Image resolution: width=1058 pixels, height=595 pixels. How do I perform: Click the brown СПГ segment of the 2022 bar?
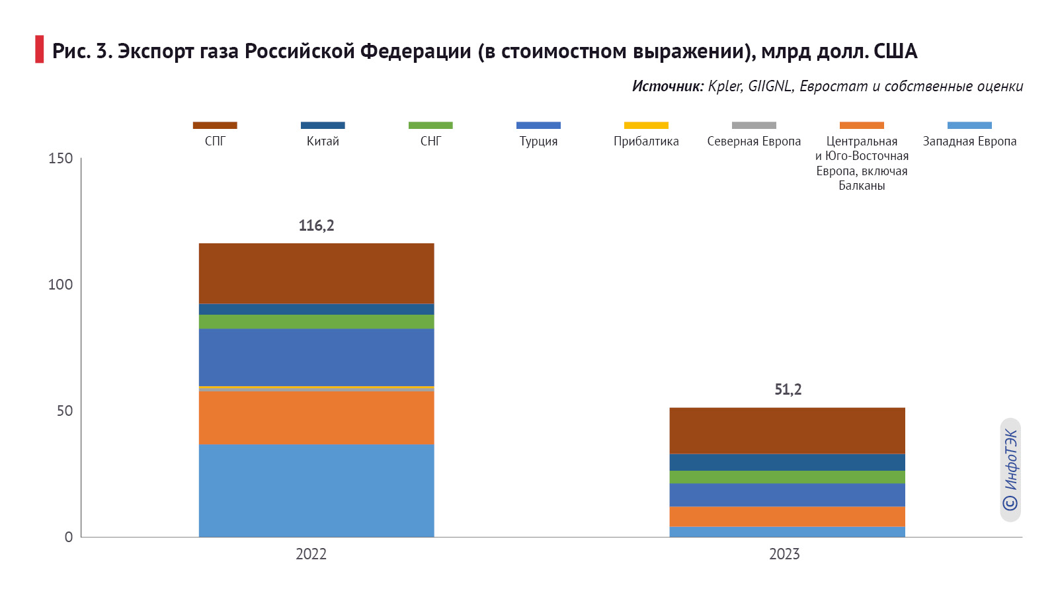point(316,273)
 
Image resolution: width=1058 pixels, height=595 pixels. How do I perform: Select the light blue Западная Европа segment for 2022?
point(316,490)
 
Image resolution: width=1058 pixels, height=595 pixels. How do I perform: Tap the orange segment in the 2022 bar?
point(316,417)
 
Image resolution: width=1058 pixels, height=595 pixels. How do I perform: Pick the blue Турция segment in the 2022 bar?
point(316,357)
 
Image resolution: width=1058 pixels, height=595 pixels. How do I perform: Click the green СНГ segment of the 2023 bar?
point(787,477)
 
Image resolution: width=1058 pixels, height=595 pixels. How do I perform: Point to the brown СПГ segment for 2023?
point(787,430)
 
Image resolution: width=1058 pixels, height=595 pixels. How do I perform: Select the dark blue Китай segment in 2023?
point(787,462)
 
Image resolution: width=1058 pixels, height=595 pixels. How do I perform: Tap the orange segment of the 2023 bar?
point(787,516)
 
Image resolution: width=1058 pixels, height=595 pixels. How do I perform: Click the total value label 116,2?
point(316,225)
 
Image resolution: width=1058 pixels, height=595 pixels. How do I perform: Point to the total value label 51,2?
point(788,389)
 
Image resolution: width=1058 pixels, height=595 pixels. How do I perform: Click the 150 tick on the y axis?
point(60,159)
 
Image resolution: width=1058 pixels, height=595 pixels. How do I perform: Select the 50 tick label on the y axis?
point(64,411)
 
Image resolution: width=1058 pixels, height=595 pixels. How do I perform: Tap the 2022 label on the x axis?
point(311,554)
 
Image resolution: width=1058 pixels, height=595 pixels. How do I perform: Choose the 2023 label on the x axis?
point(784,554)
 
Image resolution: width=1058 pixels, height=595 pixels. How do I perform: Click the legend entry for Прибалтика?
point(646,141)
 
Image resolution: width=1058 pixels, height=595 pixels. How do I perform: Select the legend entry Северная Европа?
point(754,141)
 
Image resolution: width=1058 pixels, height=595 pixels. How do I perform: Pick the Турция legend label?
point(538,141)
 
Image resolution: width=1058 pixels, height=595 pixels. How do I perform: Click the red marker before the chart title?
point(40,50)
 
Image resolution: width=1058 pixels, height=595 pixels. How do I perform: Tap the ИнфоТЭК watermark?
point(1010,470)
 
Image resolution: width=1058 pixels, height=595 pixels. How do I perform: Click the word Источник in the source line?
point(667,86)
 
